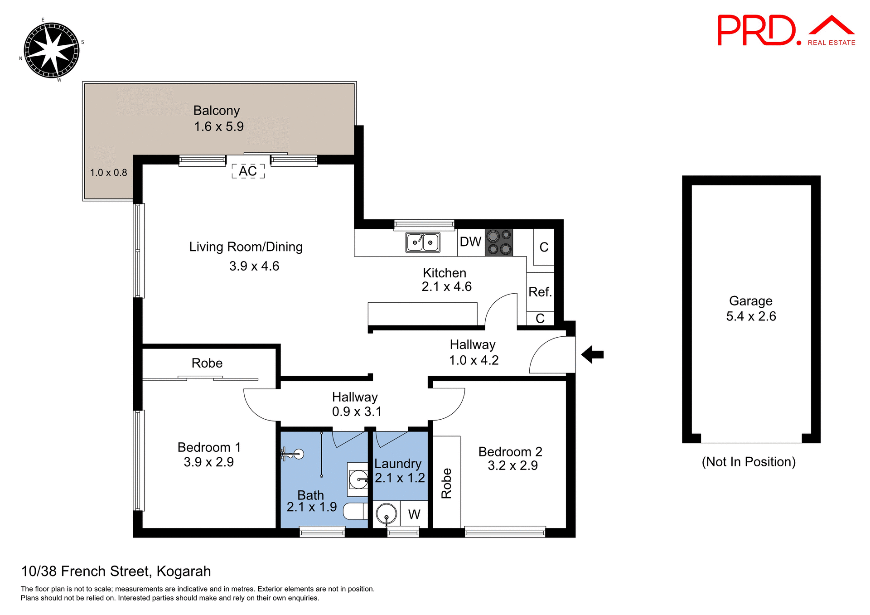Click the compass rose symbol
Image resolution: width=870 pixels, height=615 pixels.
pyautogui.click(x=51, y=50)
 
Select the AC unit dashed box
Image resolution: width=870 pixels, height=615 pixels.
pyautogui.click(x=248, y=171)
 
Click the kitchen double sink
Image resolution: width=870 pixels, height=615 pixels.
pyautogui.click(x=422, y=242)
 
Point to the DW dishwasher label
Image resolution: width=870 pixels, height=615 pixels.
pyautogui.click(x=470, y=242)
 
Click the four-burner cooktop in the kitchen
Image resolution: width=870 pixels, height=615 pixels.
pyautogui.click(x=499, y=242)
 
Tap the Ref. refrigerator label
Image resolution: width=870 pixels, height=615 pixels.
pyautogui.click(x=540, y=292)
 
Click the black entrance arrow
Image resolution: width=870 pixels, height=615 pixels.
pyautogui.click(x=592, y=354)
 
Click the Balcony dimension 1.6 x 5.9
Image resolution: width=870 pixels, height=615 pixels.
pyautogui.click(x=219, y=126)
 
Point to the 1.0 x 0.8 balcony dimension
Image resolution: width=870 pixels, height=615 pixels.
pyautogui.click(x=108, y=173)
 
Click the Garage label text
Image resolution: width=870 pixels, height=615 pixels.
pyautogui.click(x=750, y=301)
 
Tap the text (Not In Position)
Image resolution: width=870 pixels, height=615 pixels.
pyautogui.click(x=749, y=462)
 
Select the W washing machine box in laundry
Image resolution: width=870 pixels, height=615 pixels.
pyautogui.click(x=414, y=514)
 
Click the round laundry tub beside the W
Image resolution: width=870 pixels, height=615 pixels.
pyautogui.click(x=387, y=514)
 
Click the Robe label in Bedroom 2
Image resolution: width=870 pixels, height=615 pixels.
pyautogui.click(x=446, y=483)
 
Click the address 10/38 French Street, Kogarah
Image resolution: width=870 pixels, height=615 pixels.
pyautogui.click(x=116, y=571)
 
